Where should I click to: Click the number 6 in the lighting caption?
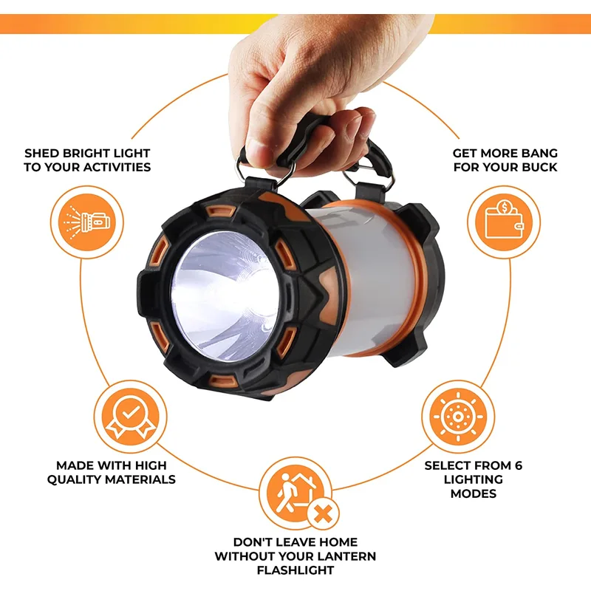point(518,466)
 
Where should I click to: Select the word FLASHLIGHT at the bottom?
point(295,570)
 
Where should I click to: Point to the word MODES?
point(474,493)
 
